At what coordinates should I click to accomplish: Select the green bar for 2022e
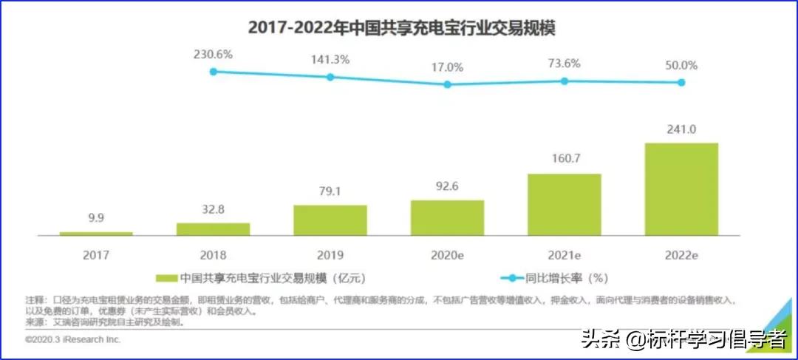click(x=681, y=189)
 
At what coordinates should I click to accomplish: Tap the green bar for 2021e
click(x=564, y=205)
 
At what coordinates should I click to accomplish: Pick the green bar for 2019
click(x=330, y=220)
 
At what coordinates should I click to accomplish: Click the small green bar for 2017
click(x=96, y=234)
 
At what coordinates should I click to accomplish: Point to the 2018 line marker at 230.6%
click(x=213, y=72)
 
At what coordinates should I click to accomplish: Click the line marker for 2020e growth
click(x=447, y=84)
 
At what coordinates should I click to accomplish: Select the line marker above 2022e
click(x=681, y=82)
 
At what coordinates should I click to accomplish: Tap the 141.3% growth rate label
click(x=330, y=60)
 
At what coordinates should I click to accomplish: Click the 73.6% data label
click(x=565, y=64)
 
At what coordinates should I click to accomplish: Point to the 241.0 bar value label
click(x=681, y=129)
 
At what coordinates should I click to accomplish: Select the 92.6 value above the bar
click(x=447, y=186)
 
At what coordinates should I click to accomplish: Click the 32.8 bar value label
click(x=213, y=209)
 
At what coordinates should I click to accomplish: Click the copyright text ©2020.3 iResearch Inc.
click(x=72, y=340)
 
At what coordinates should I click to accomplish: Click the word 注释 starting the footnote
click(x=34, y=302)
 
